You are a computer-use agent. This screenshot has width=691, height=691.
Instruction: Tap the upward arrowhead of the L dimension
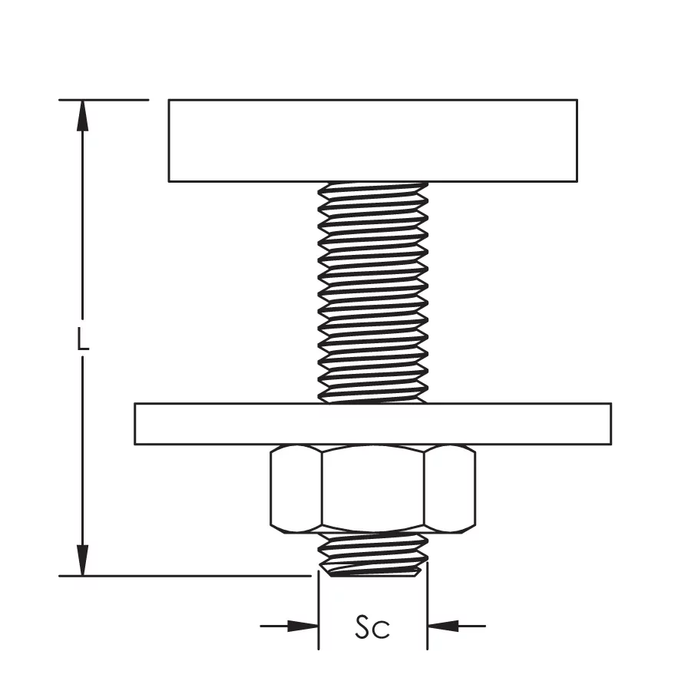(x=82, y=115)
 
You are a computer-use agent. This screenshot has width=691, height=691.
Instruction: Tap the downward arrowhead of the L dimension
(x=82, y=560)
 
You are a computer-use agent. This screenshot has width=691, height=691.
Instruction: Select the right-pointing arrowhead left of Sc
(x=303, y=626)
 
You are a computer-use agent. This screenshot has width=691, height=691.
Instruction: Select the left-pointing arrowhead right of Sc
(x=443, y=626)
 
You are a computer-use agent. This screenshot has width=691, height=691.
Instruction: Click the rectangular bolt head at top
(x=373, y=141)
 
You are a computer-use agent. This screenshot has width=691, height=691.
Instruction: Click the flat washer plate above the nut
(x=373, y=424)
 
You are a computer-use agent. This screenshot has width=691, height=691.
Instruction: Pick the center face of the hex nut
(x=373, y=488)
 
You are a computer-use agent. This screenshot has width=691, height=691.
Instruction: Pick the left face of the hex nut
(x=296, y=488)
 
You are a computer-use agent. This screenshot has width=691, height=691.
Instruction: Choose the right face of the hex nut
(x=450, y=488)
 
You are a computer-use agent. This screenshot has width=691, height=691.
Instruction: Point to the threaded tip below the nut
(x=373, y=554)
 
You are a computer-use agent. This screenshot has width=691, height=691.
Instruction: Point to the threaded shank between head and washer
(x=373, y=293)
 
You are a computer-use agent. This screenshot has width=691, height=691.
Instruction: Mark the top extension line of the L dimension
(x=104, y=100)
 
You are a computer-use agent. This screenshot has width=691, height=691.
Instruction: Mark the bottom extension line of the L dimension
(x=185, y=576)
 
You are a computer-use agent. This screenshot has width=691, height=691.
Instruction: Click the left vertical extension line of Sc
(x=319, y=610)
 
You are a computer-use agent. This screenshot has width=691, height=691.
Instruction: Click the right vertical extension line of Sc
(x=428, y=606)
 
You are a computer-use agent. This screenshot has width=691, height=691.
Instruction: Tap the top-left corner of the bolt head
(x=169, y=100)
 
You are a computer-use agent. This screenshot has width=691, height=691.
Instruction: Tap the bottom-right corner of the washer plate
(x=611, y=445)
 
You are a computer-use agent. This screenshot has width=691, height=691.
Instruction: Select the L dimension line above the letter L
(x=82, y=210)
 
